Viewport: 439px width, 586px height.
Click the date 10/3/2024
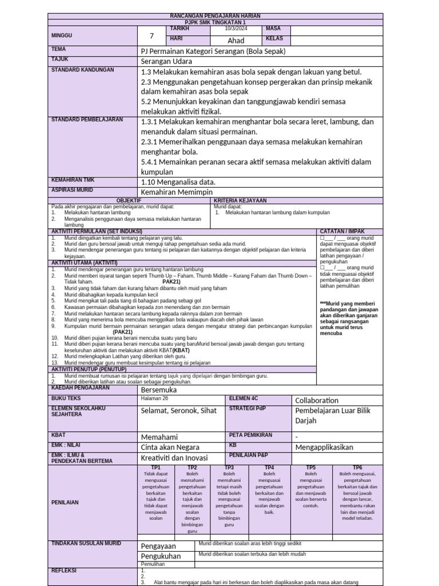point(236,28)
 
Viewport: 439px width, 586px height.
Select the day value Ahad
point(236,41)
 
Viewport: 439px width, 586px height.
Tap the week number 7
point(152,36)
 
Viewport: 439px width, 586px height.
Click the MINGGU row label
point(62,35)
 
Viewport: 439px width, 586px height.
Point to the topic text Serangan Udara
point(166,61)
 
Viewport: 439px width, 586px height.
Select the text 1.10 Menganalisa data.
point(178,182)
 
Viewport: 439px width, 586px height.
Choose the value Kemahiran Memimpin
point(181,193)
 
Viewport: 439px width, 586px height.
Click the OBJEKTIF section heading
point(129,200)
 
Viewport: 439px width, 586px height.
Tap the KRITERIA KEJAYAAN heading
point(240,200)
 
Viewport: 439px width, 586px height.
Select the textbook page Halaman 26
point(154,398)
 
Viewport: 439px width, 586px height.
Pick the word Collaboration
point(317,401)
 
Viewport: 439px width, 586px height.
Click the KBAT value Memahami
point(160,436)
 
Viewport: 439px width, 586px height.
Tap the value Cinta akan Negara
point(170,447)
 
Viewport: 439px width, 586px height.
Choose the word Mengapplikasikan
point(324,447)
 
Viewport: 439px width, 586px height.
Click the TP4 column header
point(270,468)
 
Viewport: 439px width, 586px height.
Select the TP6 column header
point(357,468)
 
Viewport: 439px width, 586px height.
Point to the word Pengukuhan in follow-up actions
point(161,556)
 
